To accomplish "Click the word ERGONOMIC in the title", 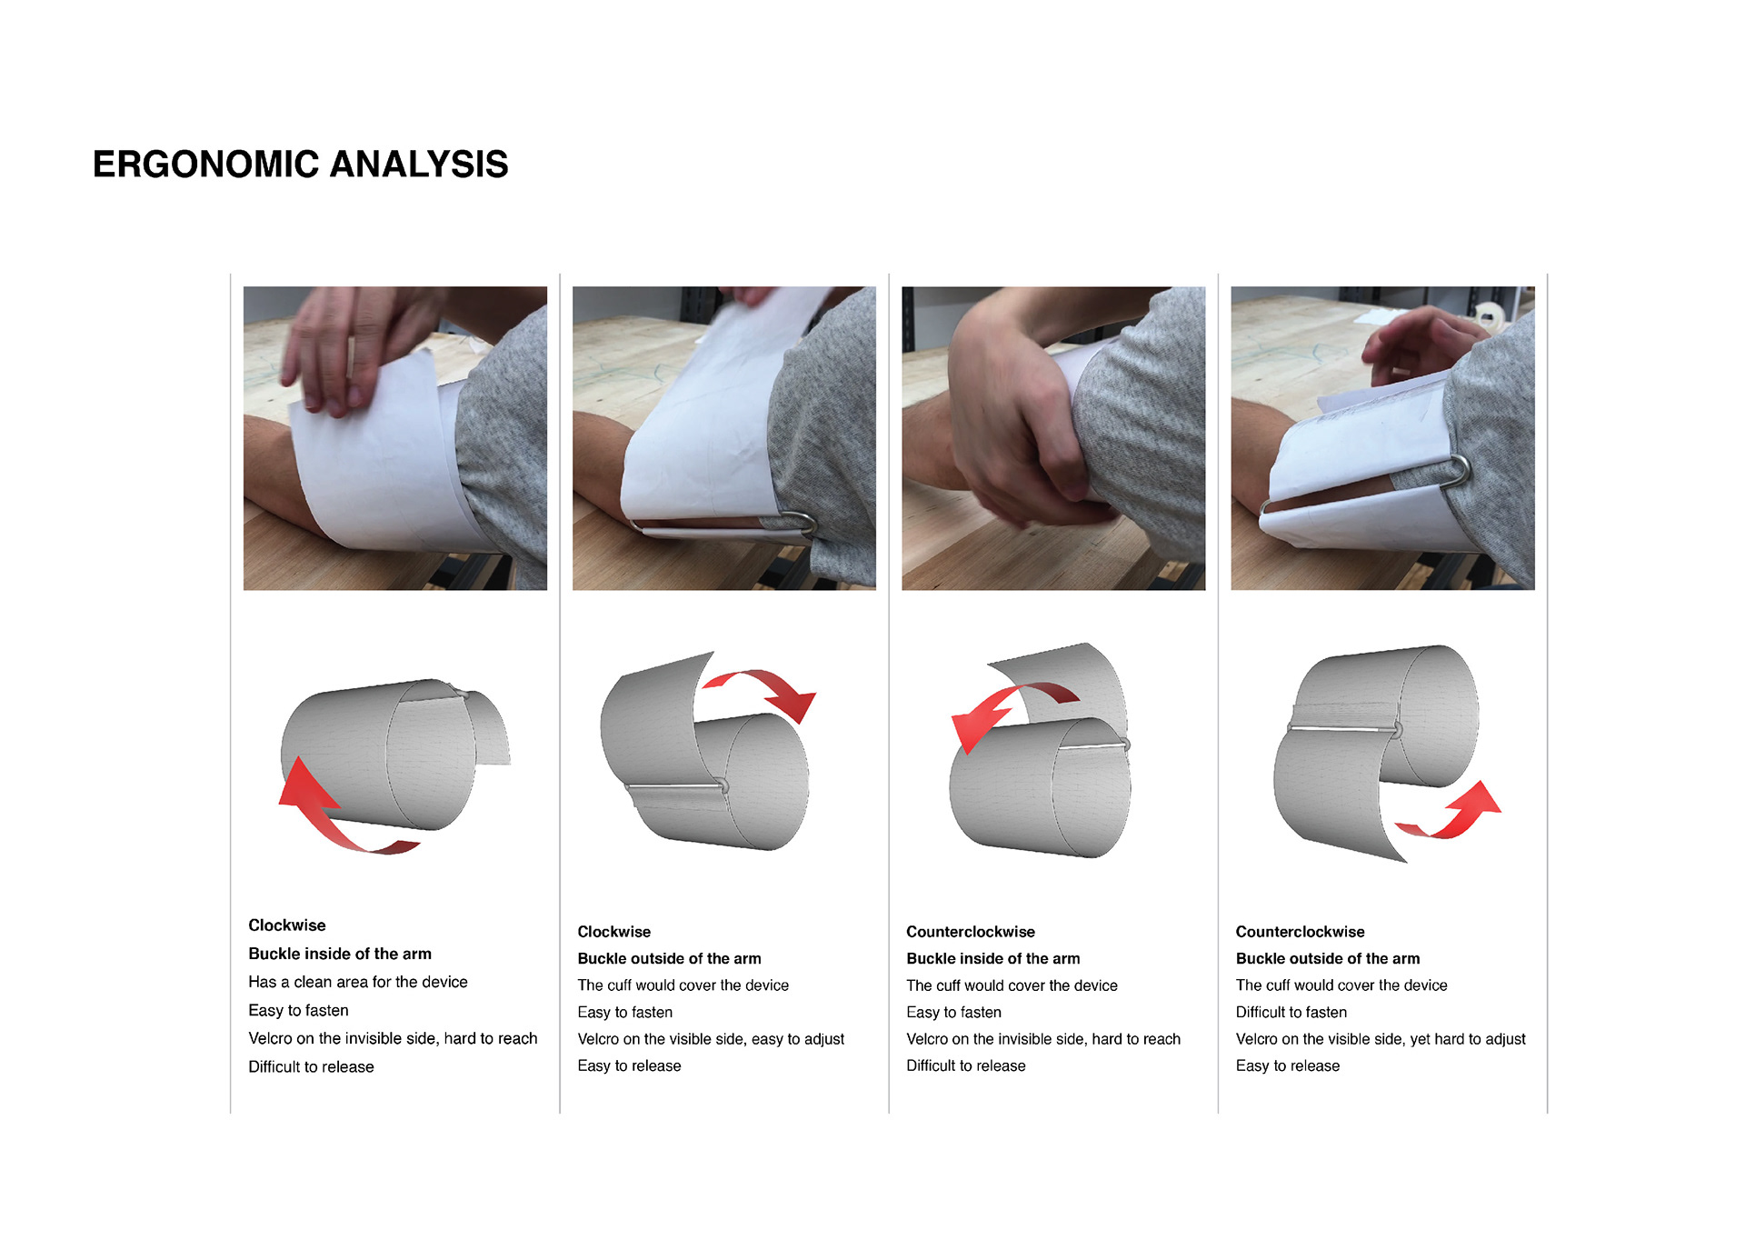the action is [x=206, y=165].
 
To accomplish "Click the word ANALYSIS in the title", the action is [x=419, y=165].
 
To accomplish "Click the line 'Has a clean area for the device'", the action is [x=358, y=982].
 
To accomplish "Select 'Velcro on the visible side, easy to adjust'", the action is [x=711, y=1039].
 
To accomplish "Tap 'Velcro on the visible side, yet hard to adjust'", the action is [x=1381, y=1039].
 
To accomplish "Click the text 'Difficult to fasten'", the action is [x=1291, y=1012].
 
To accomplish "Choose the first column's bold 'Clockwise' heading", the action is [x=287, y=925].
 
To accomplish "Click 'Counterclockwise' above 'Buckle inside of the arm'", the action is [x=971, y=932].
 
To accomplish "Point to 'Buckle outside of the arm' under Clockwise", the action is [x=669, y=958].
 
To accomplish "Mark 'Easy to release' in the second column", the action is [x=629, y=1065].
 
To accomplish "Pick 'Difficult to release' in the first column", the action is [x=311, y=1066].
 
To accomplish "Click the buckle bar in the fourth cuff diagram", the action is [x=1343, y=728].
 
